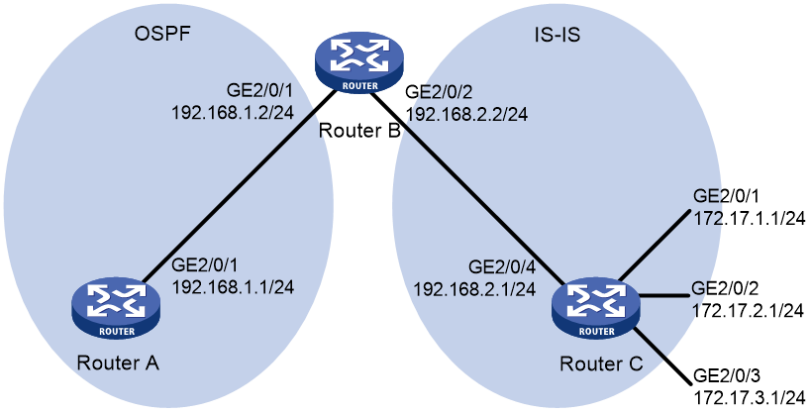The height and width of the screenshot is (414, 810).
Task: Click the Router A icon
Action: pyautogui.click(x=116, y=309)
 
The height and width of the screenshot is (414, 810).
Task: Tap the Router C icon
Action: pyautogui.click(x=596, y=309)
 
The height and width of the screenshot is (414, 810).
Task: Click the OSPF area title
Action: pyautogui.click(x=162, y=34)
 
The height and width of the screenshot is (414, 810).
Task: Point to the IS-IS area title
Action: pyautogui.click(x=557, y=35)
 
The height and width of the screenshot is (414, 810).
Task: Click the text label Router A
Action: pyautogui.click(x=118, y=362)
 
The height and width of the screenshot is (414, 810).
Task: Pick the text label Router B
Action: pyautogui.click(x=359, y=131)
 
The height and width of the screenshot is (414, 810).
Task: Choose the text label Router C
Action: pyautogui.click(x=601, y=363)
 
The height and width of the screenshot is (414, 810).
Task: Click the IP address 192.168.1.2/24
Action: pyautogui.click(x=233, y=112)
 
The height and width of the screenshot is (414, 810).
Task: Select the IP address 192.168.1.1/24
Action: pyautogui.click(x=233, y=286)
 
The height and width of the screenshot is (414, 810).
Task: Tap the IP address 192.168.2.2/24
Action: pyautogui.click(x=466, y=114)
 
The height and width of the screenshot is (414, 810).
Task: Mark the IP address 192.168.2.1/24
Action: pyautogui.click(x=473, y=288)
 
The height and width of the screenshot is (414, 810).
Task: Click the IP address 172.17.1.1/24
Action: pyautogui.click(x=749, y=219)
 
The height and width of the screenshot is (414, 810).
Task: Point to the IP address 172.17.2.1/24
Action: pyautogui.click(x=748, y=310)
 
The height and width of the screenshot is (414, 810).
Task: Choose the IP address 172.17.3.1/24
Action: pyautogui.click(x=749, y=397)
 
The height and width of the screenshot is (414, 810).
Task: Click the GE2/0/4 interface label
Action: pyautogui.click(x=501, y=266)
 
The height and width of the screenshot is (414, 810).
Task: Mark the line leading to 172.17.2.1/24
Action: pyautogui.click(x=664, y=295)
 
